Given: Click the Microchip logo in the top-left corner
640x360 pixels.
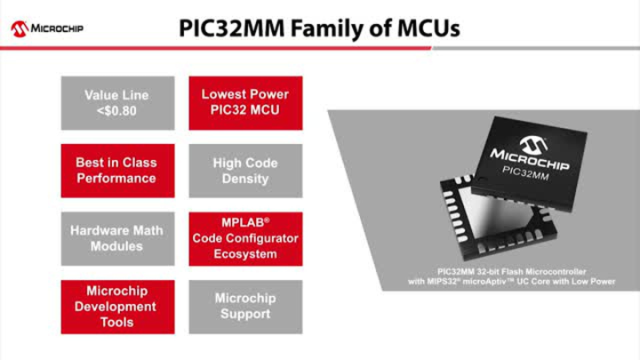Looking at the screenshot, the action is (x=47, y=28).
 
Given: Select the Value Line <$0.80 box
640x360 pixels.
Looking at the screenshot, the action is (x=117, y=103).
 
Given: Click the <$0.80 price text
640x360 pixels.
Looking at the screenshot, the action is (x=116, y=110).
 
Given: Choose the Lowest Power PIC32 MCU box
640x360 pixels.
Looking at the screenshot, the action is (x=245, y=103).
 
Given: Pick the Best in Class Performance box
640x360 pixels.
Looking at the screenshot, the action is (x=117, y=171).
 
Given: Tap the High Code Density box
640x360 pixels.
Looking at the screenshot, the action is (x=245, y=171).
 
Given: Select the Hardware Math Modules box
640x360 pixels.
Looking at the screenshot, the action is (x=117, y=239).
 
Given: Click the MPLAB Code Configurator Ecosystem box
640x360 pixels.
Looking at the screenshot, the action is (x=245, y=239).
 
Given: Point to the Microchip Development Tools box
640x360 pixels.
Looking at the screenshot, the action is (x=117, y=307).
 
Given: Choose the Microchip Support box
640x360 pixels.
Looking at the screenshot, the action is (x=245, y=307).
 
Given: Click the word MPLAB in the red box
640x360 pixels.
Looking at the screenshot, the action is (x=244, y=223).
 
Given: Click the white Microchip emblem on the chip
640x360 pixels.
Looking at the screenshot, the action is (x=533, y=145).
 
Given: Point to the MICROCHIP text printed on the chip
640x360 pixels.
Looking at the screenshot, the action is (x=530, y=159).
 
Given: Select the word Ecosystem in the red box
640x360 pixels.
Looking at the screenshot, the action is (x=245, y=254).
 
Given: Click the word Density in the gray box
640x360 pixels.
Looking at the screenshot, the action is (x=245, y=179).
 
